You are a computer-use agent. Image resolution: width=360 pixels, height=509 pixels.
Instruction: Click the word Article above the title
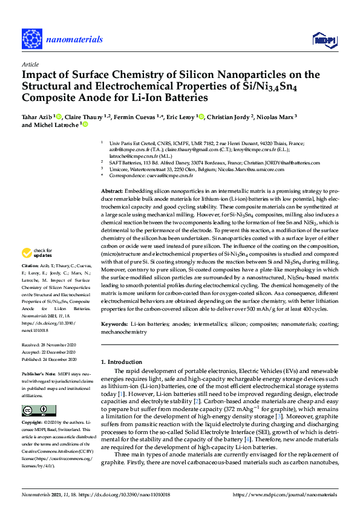(30, 63)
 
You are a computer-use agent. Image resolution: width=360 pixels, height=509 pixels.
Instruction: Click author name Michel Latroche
(50, 125)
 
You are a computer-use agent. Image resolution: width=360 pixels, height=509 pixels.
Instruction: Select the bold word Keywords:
(114, 324)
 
